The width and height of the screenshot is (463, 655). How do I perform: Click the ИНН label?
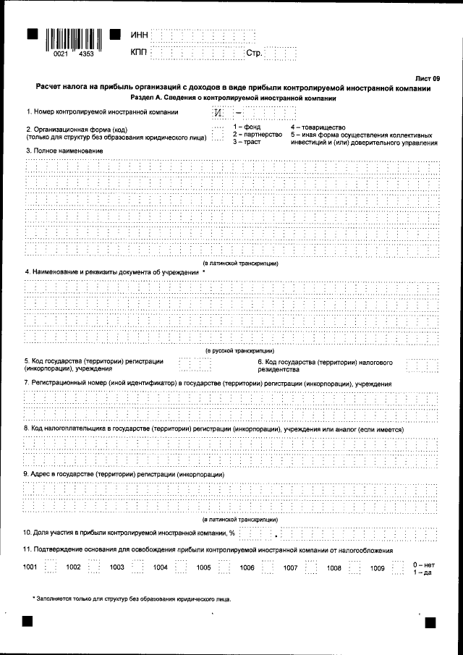[139, 35]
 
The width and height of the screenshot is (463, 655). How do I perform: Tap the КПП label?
[139, 53]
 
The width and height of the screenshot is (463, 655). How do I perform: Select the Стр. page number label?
[255, 53]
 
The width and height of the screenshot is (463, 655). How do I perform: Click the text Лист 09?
[427, 77]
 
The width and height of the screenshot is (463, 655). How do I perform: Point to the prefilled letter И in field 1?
[218, 114]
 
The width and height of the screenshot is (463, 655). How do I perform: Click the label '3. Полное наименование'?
[64, 150]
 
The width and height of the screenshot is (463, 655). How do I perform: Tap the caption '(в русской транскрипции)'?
[241, 350]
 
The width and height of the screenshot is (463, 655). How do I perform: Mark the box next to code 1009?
[398, 567]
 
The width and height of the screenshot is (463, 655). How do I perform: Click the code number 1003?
[117, 567]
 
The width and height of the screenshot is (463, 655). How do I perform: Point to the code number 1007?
[291, 567]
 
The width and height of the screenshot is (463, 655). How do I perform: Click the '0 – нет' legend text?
[423, 563]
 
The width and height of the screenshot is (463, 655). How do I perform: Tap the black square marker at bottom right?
[430, 622]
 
